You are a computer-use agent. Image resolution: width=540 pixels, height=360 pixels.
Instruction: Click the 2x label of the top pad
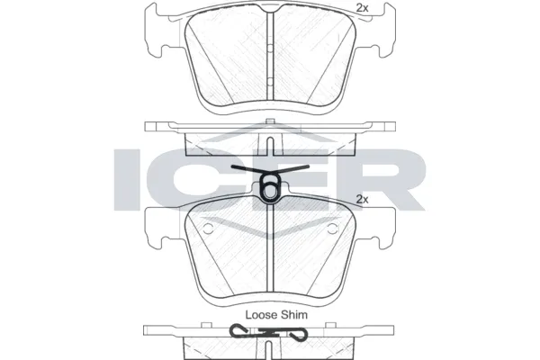(x=364, y=8)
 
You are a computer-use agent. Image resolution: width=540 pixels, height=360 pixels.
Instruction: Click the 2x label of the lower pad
(x=364, y=198)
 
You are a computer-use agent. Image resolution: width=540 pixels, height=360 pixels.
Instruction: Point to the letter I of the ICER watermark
(x=130, y=176)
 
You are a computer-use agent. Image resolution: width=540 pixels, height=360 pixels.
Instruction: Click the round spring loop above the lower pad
(x=270, y=188)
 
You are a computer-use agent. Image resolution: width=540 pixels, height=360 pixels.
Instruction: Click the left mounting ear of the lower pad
(x=154, y=225)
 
